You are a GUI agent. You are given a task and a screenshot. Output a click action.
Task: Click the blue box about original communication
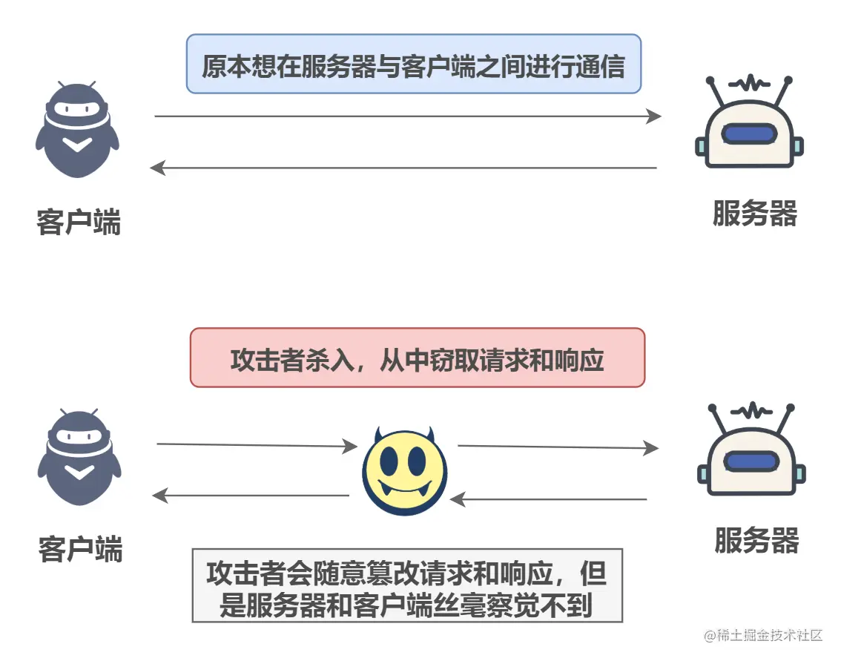click(413, 65)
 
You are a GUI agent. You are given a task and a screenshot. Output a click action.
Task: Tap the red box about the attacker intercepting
click(418, 358)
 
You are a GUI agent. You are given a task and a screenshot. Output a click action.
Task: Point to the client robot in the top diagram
click(77, 130)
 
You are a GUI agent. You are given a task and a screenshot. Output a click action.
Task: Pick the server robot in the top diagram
click(749, 126)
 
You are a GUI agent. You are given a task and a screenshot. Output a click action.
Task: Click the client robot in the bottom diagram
click(79, 457)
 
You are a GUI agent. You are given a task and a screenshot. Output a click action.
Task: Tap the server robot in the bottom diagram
click(751, 454)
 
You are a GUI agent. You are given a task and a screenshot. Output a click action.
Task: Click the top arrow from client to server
click(407, 116)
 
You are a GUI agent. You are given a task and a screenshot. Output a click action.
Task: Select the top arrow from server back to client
click(404, 168)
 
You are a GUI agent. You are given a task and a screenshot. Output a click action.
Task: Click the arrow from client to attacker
click(257, 445)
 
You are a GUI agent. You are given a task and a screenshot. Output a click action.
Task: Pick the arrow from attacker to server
click(558, 447)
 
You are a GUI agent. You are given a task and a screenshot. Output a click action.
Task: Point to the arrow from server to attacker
click(549, 499)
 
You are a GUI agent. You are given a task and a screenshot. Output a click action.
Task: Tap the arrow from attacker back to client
click(251, 496)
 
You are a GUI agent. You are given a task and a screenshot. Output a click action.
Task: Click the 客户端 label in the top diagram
click(78, 222)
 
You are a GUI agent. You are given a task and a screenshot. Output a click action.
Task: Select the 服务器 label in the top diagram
click(754, 214)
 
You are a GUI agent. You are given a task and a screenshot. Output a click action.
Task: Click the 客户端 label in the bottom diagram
click(80, 549)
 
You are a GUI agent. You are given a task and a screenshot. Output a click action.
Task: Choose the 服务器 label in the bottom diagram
click(756, 541)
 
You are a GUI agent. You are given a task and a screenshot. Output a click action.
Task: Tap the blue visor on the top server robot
click(749, 134)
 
